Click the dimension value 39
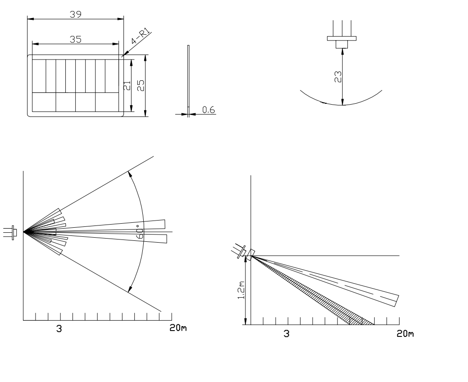[x=75, y=14]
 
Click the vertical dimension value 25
[x=141, y=85]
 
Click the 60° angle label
[x=141, y=230]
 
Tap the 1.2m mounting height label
[x=241, y=291]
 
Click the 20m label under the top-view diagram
[x=177, y=328]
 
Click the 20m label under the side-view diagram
[x=405, y=334]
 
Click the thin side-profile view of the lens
[x=188, y=79]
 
